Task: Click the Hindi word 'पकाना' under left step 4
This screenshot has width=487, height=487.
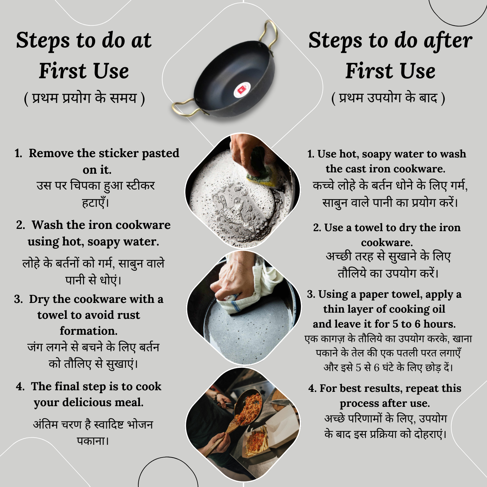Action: tap(92, 441)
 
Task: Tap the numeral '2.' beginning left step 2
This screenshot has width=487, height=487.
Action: tap(20, 225)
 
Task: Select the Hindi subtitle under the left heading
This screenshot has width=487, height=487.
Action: tap(84, 98)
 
